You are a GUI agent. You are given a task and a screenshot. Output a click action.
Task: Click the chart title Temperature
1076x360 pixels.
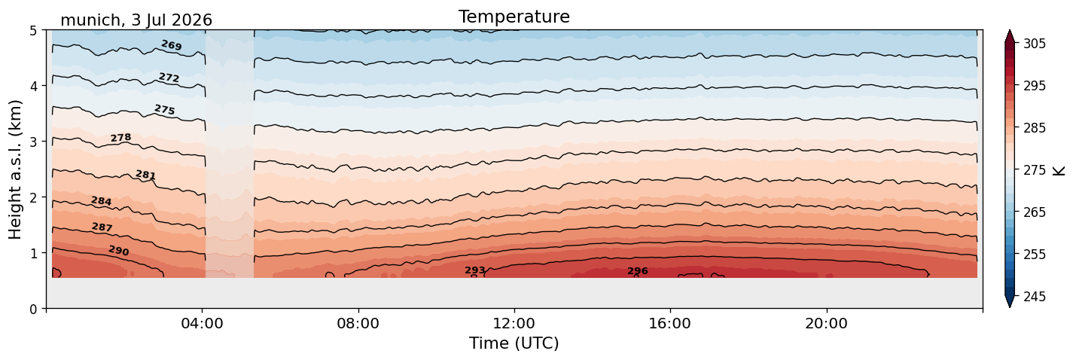(514, 17)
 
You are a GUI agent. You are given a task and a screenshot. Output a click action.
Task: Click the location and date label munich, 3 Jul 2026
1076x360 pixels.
(136, 20)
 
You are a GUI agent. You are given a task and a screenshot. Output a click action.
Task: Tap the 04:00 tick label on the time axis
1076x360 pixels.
(203, 323)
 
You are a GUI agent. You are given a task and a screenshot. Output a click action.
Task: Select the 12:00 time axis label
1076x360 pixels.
(514, 323)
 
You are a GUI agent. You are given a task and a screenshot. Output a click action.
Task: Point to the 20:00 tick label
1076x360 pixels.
(827, 323)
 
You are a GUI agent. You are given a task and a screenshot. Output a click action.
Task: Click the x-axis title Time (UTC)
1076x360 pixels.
(514, 343)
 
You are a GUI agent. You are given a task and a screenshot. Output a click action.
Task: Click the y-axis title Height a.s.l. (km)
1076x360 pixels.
(15, 169)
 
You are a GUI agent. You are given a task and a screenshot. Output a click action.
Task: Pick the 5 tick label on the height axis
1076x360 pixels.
(33, 31)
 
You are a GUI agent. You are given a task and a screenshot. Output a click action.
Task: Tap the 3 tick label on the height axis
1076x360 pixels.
(33, 142)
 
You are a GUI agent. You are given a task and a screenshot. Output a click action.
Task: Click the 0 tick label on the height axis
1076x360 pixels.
(33, 309)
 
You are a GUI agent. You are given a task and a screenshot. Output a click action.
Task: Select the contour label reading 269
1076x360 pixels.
(172, 45)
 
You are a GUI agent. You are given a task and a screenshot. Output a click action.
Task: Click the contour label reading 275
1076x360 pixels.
(165, 110)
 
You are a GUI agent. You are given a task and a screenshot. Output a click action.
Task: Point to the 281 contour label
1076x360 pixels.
(145, 175)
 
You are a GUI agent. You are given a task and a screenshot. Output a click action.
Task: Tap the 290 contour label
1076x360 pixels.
(119, 250)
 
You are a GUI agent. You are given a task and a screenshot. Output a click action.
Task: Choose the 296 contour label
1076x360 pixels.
(638, 271)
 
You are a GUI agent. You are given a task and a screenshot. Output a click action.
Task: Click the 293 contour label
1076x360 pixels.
(475, 270)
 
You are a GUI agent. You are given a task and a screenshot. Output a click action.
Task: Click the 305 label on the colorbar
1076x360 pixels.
(1035, 44)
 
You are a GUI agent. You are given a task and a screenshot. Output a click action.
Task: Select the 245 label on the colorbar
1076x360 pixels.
(1035, 297)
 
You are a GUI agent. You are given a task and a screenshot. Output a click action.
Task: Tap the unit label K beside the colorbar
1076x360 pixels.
(1058, 171)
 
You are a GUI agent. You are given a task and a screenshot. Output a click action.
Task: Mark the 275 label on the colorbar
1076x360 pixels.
(1035, 170)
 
